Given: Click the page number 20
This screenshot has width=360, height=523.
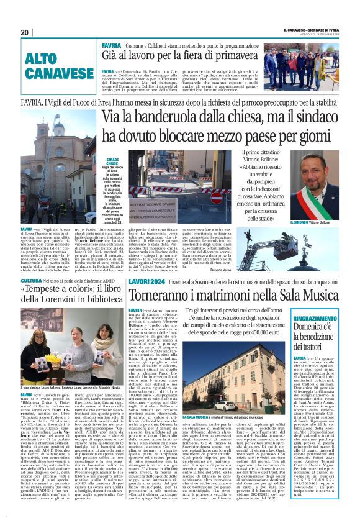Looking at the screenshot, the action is click(x=25, y=32).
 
